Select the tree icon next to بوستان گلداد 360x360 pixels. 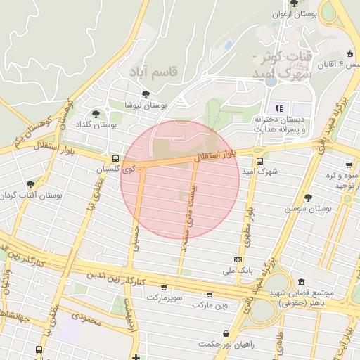tap(96, 112)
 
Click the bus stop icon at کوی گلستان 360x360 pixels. tap(115, 159)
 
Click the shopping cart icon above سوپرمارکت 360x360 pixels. tap(164, 287)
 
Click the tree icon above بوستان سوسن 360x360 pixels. tap(308, 198)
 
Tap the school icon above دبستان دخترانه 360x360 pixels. tap(279, 108)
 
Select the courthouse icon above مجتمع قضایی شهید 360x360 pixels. tap(301, 281)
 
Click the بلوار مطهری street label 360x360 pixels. tap(247, 226)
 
